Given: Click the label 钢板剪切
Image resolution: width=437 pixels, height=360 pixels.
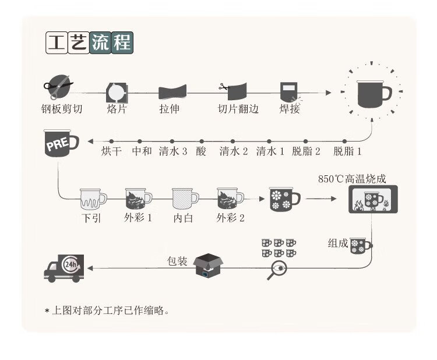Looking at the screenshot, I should pos(62,108).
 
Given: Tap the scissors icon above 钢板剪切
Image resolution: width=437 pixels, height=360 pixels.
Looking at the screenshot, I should pos(58,86).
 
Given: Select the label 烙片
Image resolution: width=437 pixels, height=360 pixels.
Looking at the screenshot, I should pos(117,108).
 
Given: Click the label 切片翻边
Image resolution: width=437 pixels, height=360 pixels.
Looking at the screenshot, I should pos(238,108).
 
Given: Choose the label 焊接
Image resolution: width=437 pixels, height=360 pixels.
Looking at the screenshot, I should pos(290,108).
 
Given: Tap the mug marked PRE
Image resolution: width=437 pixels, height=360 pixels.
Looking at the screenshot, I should pos(60,144).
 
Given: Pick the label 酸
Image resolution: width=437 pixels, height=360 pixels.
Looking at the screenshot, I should pos(201,152).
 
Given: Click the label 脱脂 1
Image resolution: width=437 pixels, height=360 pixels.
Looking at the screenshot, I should pos(348,152).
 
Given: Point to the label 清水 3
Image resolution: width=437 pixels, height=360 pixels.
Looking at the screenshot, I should pos(172,152).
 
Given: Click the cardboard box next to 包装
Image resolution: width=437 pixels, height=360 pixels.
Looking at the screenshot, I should pos(209,266).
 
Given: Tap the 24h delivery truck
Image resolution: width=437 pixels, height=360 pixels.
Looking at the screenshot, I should pos(64,268).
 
